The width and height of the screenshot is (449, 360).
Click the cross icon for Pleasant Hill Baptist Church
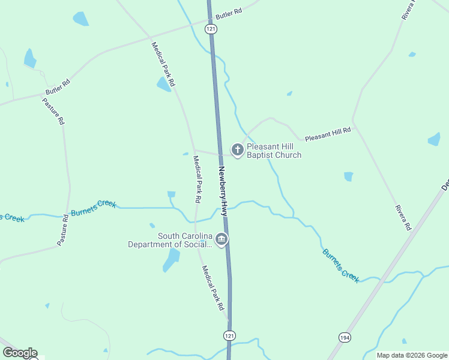point(238,149)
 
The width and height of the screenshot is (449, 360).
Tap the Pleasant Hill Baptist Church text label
point(274,151)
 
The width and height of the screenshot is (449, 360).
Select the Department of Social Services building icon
point(221,240)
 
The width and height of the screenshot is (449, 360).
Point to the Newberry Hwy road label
point(223,191)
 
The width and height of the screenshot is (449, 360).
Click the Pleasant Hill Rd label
point(328,134)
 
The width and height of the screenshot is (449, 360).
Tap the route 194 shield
point(345,338)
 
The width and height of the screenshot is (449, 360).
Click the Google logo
point(20,353)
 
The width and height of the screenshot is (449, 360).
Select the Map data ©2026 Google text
point(412,355)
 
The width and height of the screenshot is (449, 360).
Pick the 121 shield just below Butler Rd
point(210,29)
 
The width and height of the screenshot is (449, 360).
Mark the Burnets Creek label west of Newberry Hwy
point(93,208)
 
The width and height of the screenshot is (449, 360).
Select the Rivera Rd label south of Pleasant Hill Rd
point(402,218)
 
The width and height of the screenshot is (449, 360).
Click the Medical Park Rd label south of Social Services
point(213,288)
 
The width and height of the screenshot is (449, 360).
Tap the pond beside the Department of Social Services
point(171,260)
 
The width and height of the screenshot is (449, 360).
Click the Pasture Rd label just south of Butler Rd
point(53,110)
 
